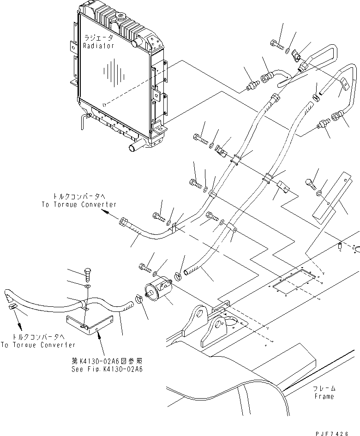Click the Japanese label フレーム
pos(323,388)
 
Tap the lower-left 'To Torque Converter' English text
pos(38,345)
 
